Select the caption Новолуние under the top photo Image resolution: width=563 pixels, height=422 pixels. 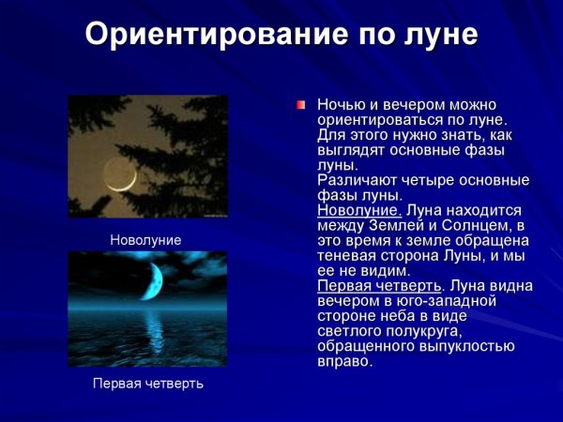[x=145, y=240]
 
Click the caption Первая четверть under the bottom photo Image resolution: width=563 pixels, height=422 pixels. [x=147, y=384]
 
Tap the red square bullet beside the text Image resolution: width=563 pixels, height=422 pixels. [x=301, y=105]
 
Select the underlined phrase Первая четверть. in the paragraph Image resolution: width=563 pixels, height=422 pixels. [x=380, y=285]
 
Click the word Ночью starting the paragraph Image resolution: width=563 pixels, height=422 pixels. [x=341, y=105]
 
